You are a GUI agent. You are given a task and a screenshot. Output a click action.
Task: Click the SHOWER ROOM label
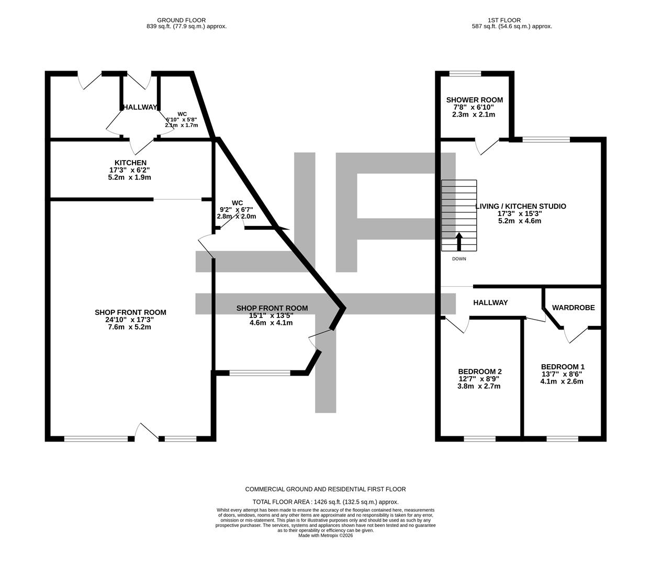point(474,100)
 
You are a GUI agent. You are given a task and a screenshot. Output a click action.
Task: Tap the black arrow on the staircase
point(459,242)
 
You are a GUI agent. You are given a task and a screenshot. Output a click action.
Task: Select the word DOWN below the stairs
point(459,259)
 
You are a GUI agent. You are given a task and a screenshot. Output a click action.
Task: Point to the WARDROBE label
point(573,308)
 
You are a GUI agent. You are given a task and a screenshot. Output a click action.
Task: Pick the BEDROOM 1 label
point(563,367)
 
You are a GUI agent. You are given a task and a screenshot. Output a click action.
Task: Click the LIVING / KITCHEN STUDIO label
point(520,206)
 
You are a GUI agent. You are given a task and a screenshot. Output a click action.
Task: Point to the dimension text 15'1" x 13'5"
point(271,315)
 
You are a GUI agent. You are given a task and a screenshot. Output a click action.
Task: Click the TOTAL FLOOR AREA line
point(325,502)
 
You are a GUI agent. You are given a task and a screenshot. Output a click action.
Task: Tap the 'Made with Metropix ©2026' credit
point(325,536)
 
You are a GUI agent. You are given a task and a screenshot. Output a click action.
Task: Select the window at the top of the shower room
point(465,74)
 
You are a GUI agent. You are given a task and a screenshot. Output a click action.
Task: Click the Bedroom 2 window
point(479,438)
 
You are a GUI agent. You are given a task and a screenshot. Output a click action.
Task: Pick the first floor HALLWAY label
point(490,302)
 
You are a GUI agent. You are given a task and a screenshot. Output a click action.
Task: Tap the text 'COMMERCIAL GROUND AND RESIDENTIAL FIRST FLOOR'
point(325,489)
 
